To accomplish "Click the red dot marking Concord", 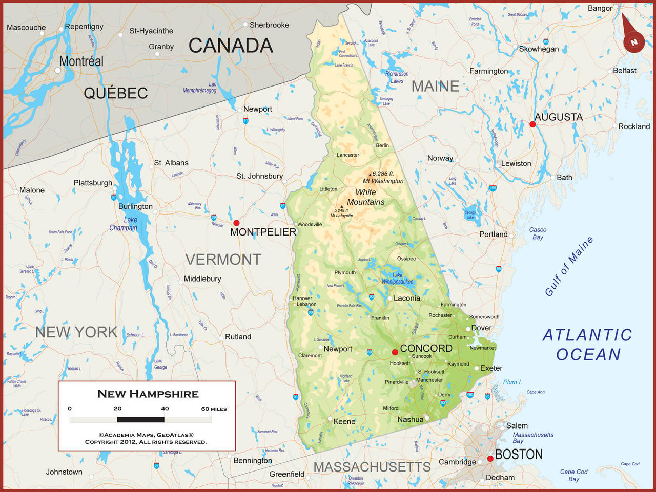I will tap(395, 352).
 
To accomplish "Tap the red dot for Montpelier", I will tap(236, 223).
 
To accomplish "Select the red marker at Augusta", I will tap(532, 124).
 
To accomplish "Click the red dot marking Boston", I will tap(490, 459).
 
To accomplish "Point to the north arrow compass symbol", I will tap(633, 41).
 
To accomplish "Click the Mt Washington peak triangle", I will tap(370, 175).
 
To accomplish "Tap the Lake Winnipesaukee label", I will tap(397, 279).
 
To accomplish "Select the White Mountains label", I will tap(366, 197).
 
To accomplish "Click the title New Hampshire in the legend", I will tap(148, 394).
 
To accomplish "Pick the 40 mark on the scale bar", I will tap(165, 409).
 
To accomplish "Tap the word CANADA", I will tap(231, 46).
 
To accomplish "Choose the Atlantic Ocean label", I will tap(588, 345).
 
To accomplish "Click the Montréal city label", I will tap(81, 61).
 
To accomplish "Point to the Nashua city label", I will tap(411, 419).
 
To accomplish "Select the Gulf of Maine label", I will tap(569, 266).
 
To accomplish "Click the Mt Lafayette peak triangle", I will tap(342, 207).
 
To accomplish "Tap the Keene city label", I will tap(344, 421).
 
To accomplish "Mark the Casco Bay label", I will tap(538, 233).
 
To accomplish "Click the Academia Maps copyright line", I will tap(146, 435).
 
